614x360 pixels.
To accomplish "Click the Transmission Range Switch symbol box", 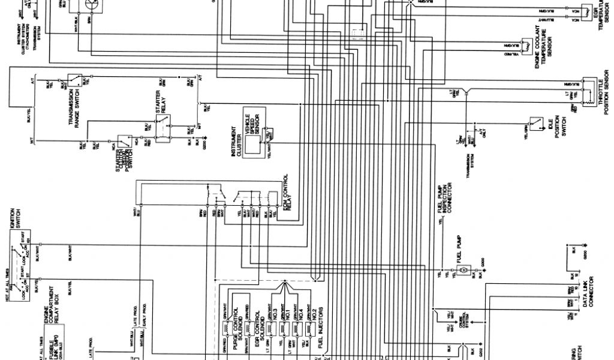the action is pos(76,79).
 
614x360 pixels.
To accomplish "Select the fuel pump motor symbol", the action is pos(463,271).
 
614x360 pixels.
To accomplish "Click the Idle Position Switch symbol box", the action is pos(534,123).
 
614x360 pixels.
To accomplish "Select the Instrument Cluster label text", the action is pos(234,142).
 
